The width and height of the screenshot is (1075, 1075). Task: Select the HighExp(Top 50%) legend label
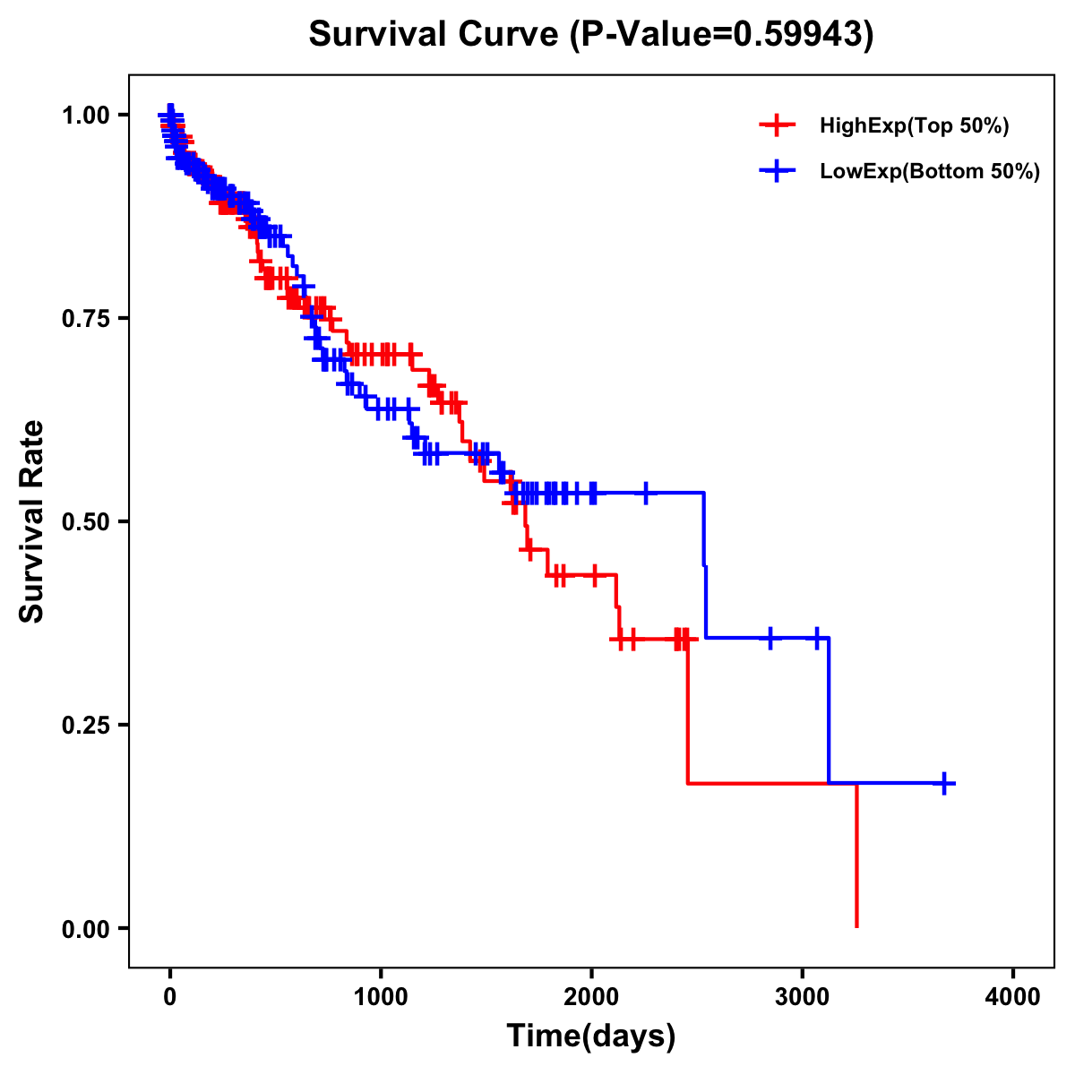tap(914, 126)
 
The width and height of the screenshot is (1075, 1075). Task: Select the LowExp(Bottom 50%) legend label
tap(930, 172)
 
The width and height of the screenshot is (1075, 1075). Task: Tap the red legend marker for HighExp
tap(777, 126)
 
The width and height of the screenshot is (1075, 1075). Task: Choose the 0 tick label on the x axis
tap(170, 997)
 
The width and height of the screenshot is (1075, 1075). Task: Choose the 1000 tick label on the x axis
tap(381, 997)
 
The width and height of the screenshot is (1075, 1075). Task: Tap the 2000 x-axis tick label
tap(591, 997)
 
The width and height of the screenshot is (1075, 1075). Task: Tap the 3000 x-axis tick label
tap(803, 997)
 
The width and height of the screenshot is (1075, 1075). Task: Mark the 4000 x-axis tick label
tap(1013, 997)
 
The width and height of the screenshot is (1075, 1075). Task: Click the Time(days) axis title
tap(591, 1036)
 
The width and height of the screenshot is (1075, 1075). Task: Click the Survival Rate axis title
tap(32, 521)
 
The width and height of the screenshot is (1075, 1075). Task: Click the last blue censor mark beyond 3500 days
tap(944, 783)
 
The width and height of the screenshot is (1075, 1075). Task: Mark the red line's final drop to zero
tap(856, 856)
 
